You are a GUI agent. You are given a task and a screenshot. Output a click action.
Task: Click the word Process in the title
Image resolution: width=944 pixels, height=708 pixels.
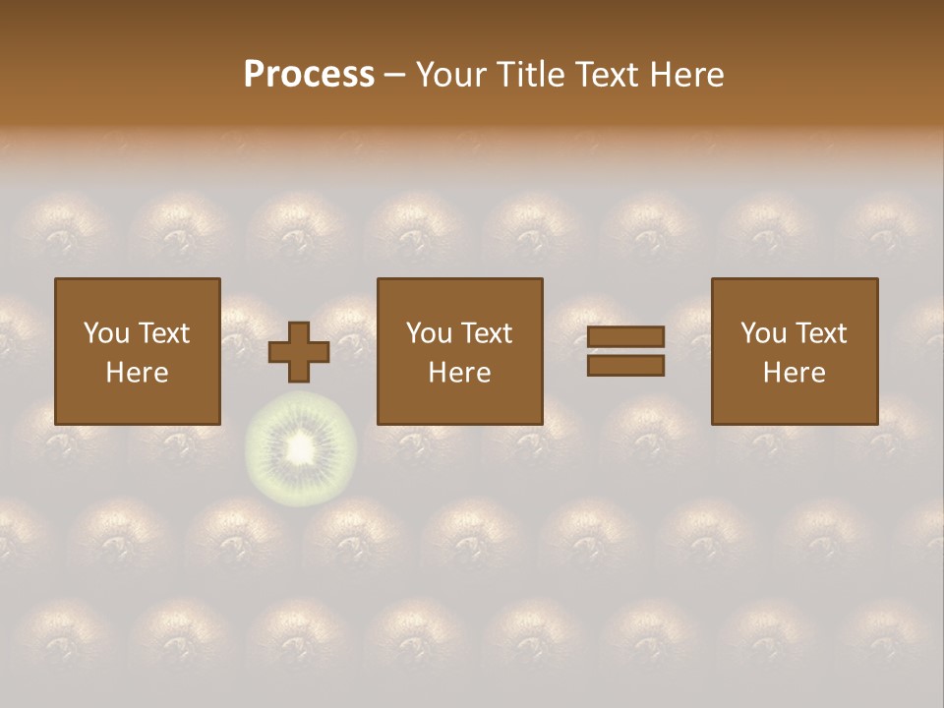click(309, 75)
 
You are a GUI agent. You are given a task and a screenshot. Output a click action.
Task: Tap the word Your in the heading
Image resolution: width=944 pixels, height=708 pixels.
click(448, 75)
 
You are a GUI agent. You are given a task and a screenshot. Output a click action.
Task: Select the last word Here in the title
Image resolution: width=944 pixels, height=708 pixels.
click(687, 75)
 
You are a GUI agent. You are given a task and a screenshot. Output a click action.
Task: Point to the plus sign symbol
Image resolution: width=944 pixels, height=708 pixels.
click(299, 352)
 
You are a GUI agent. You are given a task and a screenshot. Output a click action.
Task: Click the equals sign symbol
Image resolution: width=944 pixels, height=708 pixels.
click(625, 351)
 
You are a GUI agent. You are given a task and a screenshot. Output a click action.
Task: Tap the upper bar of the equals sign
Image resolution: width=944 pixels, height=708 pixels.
click(625, 336)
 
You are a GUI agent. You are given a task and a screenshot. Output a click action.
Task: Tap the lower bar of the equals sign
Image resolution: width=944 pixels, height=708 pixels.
click(625, 366)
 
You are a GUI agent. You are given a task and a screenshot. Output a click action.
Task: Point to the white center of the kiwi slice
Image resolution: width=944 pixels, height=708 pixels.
click(300, 450)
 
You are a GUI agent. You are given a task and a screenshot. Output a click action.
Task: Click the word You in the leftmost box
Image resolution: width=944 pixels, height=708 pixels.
click(105, 333)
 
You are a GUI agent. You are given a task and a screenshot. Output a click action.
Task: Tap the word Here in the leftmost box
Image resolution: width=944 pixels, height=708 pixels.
click(138, 373)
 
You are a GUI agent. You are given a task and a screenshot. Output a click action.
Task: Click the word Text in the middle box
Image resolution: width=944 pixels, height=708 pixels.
click(486, 333)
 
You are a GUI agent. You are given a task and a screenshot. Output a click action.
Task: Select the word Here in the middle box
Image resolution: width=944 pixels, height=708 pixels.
click(460, 373)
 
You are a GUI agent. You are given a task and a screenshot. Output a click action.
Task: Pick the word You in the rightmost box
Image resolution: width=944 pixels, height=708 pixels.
click(763, 333)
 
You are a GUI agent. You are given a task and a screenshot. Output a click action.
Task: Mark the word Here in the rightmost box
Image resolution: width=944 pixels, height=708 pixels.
click(795, 373)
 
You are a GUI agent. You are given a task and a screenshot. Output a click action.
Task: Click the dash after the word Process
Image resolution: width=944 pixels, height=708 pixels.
click(394, 76)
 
